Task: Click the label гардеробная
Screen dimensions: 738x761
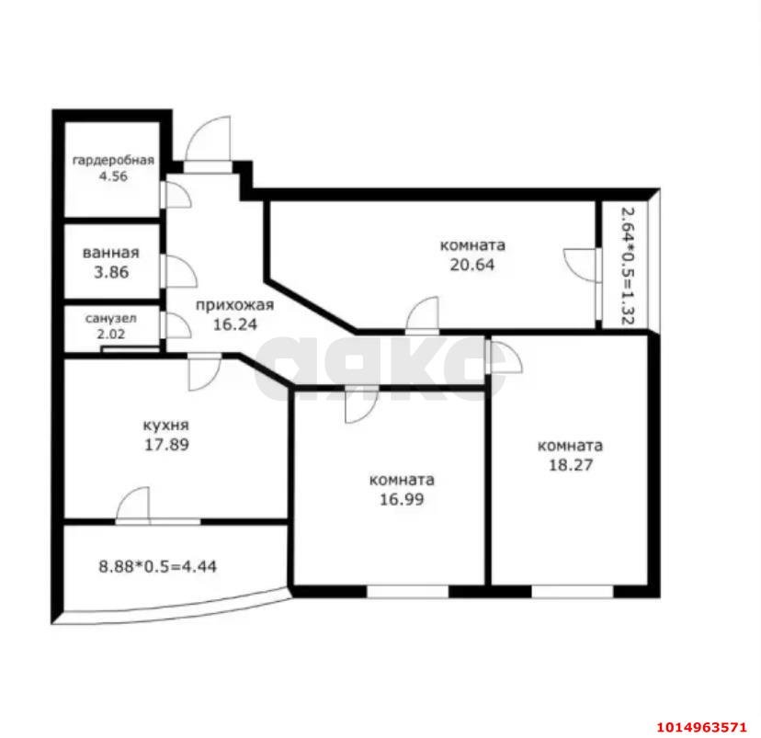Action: coord(114,160)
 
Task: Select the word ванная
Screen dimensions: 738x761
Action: coord(110,254)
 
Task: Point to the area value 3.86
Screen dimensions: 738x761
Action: coord(110,272)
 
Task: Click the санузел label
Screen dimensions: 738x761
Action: coord(111,318)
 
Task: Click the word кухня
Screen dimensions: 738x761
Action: coord(166,426)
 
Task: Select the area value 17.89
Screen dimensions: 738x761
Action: coord(166,444)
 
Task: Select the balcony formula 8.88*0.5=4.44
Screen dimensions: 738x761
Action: coord(158,566)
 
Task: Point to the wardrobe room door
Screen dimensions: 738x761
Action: coord(175,194)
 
